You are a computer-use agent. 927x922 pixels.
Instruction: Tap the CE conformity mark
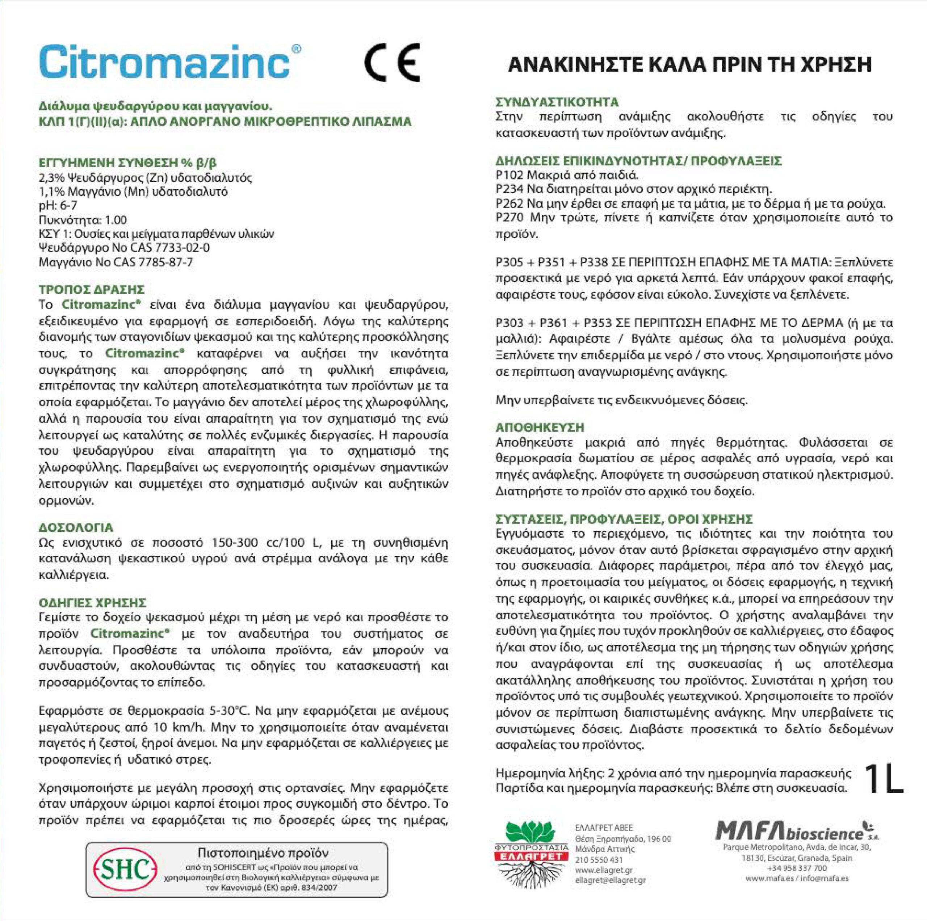pos(392,63)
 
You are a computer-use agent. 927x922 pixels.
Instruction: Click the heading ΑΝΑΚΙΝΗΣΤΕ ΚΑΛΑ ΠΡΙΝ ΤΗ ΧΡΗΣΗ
pos(689,65)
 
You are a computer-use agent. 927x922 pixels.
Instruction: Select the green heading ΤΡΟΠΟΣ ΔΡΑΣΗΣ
pos(91,290)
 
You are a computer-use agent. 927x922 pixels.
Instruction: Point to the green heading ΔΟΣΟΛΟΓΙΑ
pos(76,528)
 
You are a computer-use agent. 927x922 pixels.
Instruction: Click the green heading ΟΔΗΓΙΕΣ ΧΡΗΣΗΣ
pos(92,603)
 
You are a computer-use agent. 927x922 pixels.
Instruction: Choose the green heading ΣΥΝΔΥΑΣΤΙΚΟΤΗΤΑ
pos(557,102)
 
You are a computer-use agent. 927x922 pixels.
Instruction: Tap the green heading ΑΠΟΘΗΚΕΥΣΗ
pos(540,428)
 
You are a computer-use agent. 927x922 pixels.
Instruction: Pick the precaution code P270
pos(509,218)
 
